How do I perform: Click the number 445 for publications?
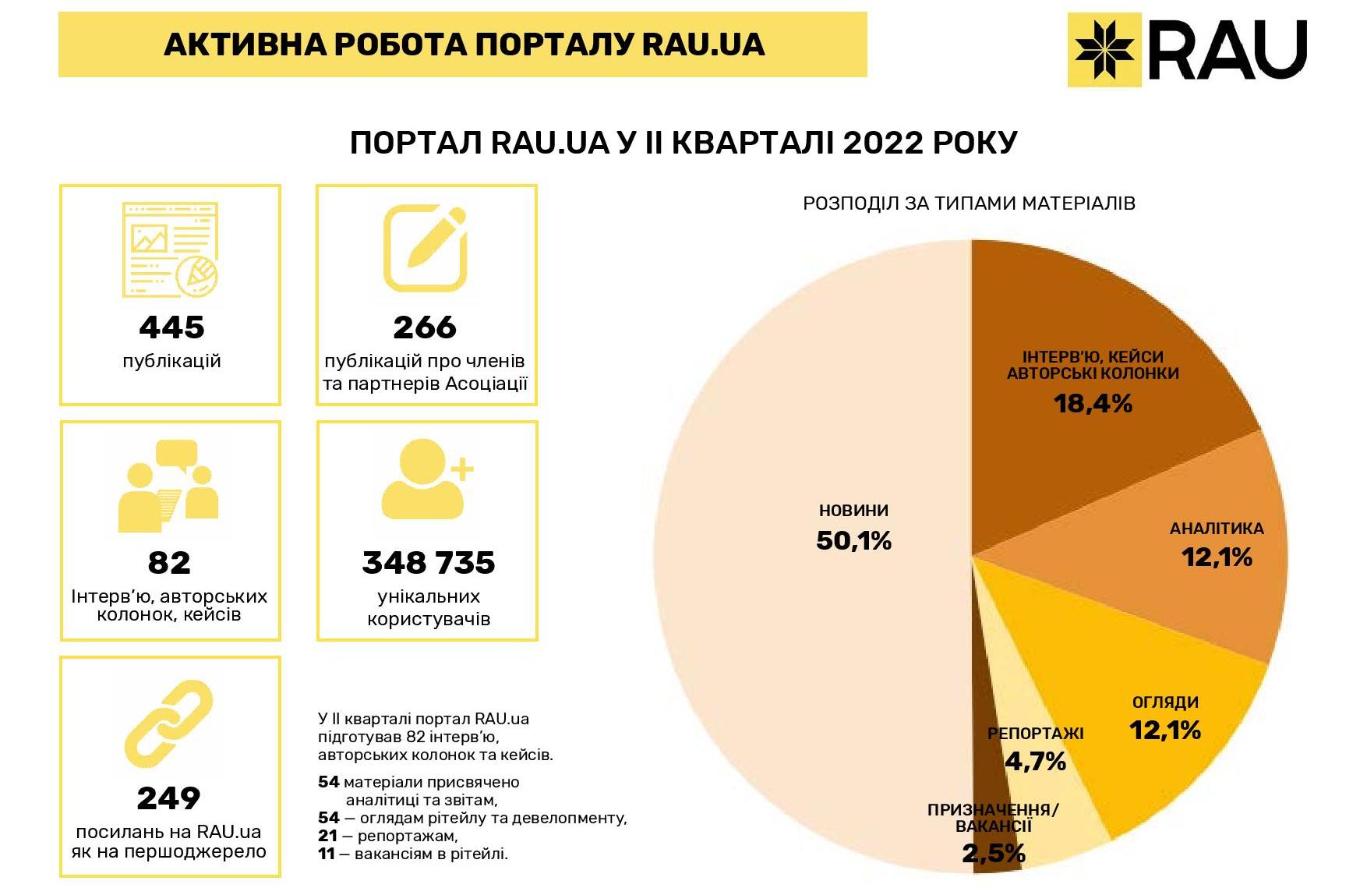coord(171,327)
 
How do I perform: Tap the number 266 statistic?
coord(425,327)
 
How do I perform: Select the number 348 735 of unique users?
coord(428,563)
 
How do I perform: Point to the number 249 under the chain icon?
coord(168,798)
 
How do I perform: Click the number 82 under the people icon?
coord(169,563)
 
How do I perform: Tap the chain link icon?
coord(168,723)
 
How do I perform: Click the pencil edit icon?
coord(426,248)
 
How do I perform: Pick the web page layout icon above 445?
coord(171,249)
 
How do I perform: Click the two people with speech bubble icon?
coord(168,486)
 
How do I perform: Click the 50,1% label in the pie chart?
coord(853,541)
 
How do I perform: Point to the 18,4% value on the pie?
coord(1093,403)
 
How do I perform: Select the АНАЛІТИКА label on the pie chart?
coord(1217,529)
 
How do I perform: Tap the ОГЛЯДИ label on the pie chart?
coord(1165,702)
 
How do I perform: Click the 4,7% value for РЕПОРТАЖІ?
coord(1035,761)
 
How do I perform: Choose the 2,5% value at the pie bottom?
coord(993,854)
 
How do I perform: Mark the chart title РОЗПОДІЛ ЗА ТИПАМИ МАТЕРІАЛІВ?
coord(969,203)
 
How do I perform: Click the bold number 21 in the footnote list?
coord(328,836)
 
